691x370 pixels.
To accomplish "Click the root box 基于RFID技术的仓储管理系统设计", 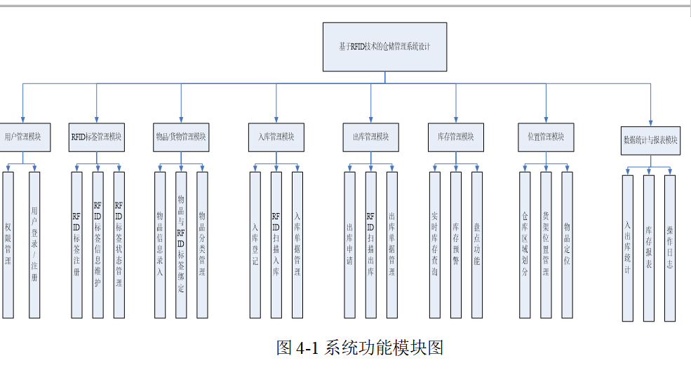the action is click(x=384, y=47).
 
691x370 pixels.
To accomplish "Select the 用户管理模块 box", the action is click(x=25, y=137).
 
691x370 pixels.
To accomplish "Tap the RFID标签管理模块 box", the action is click(x=97, y=137).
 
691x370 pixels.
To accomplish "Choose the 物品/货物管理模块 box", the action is click(x=181, y=137).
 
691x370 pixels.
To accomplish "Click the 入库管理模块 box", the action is click(x=276, y=137).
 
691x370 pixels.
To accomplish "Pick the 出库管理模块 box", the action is click(x=371, y=137).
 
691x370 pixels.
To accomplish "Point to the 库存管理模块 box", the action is click(x=456, y=137).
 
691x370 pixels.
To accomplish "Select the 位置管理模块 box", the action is click(x=546, y=137).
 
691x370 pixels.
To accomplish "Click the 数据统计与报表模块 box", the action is click(x=650, y=140).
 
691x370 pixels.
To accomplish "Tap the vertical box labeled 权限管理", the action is click(x=8, y=245).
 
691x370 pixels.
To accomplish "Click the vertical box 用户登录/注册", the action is click(x=34, y=245).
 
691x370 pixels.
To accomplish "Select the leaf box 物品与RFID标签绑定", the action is click(x=181, y=245).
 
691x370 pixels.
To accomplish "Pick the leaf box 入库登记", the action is click(x=255, y=245).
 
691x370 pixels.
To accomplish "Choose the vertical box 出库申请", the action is click(x=350, y=245).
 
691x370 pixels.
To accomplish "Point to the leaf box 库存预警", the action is click(x=456, y=245).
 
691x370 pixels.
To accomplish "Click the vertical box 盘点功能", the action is click(x=477, y=245).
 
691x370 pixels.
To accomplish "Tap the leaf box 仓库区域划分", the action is click(x=525, y=245).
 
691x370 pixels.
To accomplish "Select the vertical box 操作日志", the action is click(x=670, y=248).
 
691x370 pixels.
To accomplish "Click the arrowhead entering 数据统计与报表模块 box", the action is click(x=650, y=123).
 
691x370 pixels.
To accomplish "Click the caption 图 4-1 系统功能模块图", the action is click(x=360, y=348).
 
